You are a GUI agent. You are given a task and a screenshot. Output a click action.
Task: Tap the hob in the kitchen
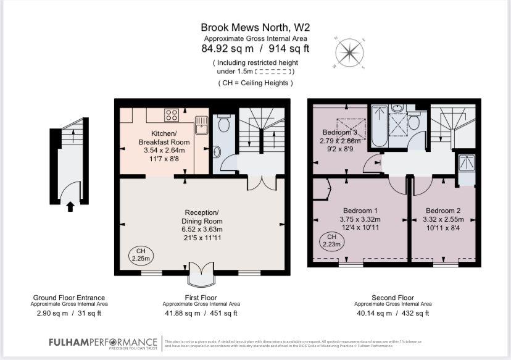click(x=171, y=114)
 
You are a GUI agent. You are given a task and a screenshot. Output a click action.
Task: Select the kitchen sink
click(x=201, y=125)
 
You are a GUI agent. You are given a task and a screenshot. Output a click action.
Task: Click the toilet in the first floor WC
click(x=223, y=125)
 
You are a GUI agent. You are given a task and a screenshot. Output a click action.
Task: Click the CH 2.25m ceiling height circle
click(x=138, y=254)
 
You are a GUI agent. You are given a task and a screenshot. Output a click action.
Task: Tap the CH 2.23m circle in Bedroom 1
click(x=331, y=240)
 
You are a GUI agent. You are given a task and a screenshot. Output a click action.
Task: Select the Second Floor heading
click(x=393, y=297)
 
